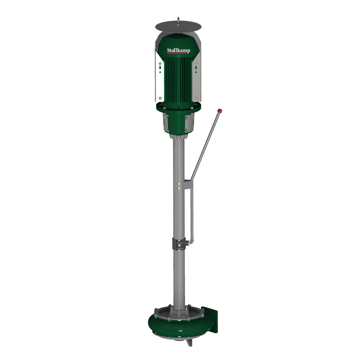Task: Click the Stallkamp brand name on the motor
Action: [x=178, y=50]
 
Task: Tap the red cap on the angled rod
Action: [x=220, y=111]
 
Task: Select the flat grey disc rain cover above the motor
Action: [x=178, y=27]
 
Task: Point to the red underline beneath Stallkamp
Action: [x=177, y=53]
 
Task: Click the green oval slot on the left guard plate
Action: [x=160, y=67]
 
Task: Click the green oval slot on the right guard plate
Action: [x=196, y=67]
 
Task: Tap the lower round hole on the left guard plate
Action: [x=160, y=98]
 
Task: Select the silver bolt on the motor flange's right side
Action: [x=192, y=108]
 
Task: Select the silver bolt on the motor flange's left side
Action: [x=164, y=107]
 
